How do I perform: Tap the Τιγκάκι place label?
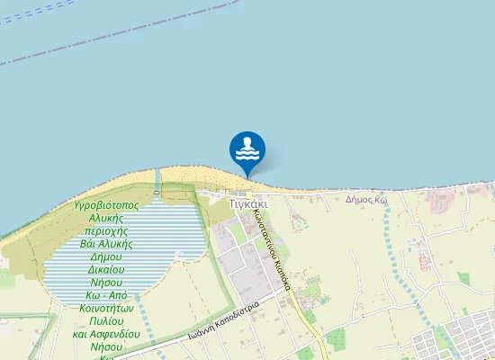point(247,203)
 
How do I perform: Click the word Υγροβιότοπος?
point(106,206)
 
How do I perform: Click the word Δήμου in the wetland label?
point(106,256)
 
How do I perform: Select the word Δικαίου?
point(106,269)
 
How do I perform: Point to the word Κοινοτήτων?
point(106,308)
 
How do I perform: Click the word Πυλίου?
point(106,320)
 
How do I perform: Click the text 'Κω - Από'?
point(106,295)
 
